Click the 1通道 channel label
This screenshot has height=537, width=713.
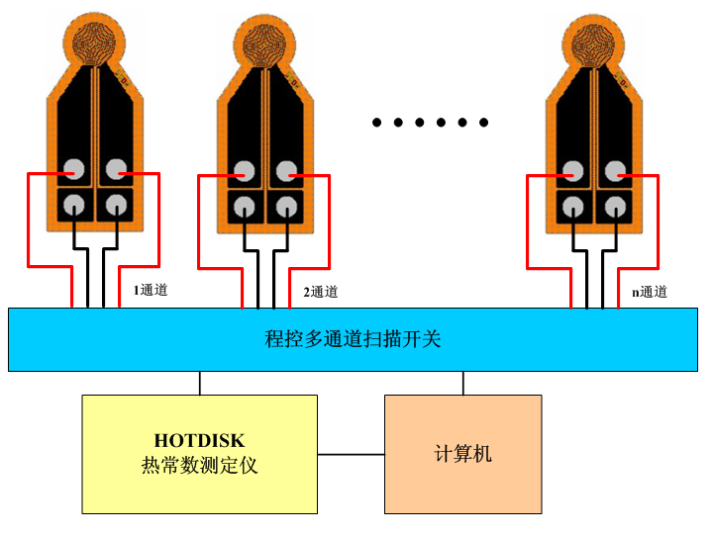click(151, 291)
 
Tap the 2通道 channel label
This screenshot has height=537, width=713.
click(320, 292)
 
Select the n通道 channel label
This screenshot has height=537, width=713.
click(650, 292)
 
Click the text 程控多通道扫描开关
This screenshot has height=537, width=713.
click(353, 339)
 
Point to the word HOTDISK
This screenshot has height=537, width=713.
click(199, 440)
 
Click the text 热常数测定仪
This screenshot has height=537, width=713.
click(199, 465)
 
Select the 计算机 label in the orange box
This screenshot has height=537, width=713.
click(462, 454)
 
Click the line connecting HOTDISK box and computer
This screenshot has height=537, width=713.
click(351, 455)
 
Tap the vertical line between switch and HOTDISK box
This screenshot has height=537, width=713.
click(200, 383)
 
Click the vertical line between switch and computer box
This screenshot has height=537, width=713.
click(462, 383)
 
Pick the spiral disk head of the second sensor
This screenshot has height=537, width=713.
click(265, 42)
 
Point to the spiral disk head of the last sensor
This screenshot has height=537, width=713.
click(595, 42)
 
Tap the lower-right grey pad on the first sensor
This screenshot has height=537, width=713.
click(117, 205)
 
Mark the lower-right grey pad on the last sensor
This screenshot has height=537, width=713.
click(616, 206)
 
